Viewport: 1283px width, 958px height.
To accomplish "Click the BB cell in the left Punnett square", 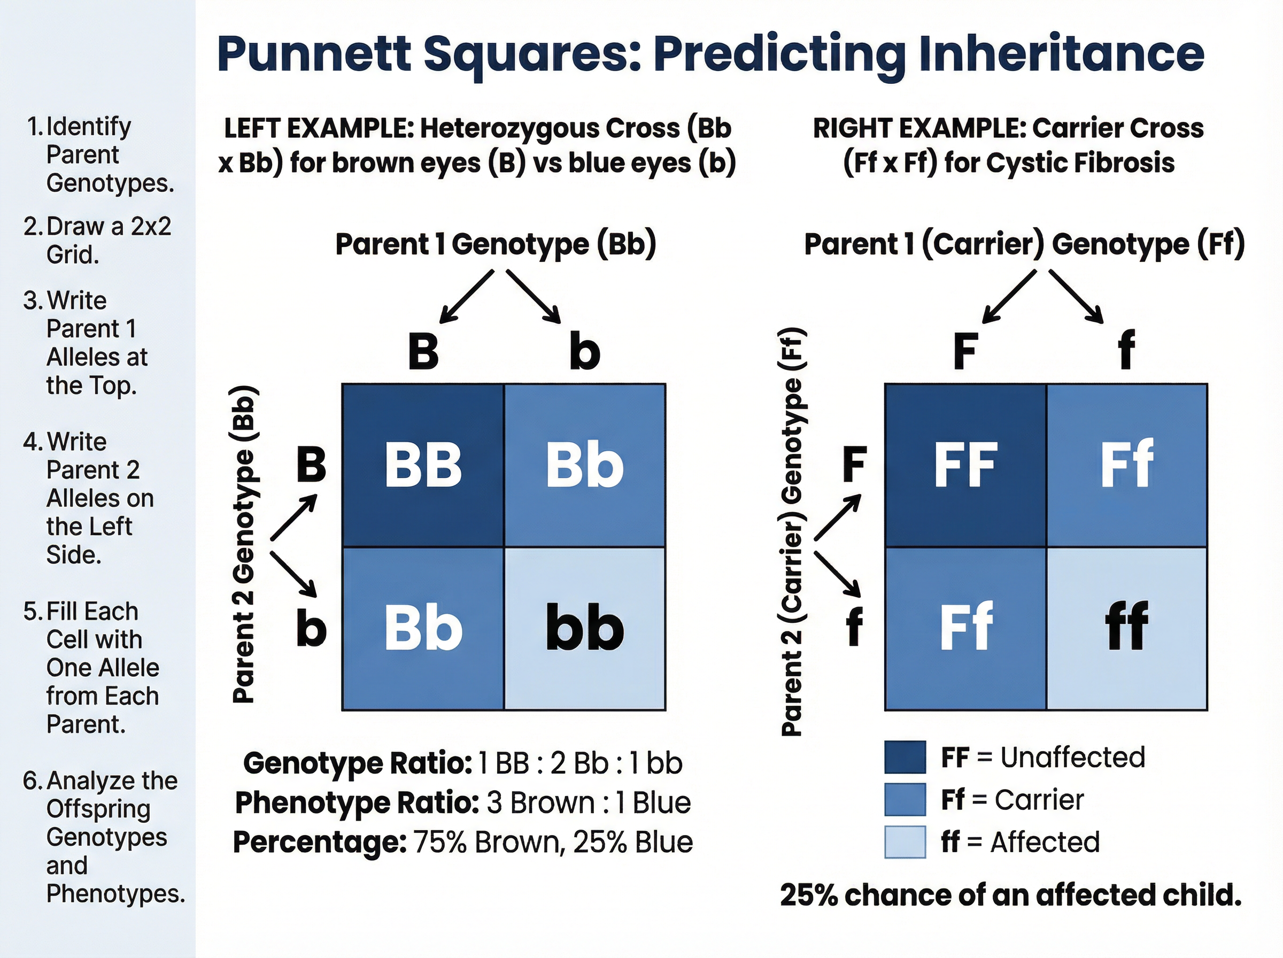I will pos(423,465).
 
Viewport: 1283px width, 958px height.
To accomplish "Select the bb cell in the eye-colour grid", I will pos(584,628).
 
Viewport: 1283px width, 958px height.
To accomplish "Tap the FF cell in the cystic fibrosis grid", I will pos(965,465).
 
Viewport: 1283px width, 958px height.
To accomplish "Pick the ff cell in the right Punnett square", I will pos(1126,628).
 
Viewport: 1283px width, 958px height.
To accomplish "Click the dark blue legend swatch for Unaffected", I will pos(905,758).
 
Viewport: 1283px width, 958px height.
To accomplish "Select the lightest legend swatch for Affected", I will pos(905,842).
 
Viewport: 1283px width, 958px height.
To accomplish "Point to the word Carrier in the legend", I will pos(1039,800).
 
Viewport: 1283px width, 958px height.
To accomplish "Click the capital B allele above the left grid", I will pos(423,351).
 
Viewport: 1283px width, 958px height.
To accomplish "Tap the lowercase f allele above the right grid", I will pos(1126,350).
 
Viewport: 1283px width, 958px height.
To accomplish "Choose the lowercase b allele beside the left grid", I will pos(311,629).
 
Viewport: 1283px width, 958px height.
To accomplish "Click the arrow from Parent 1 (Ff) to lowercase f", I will pos(1077,297).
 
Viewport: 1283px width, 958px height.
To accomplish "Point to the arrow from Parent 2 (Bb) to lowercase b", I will pos(293,574).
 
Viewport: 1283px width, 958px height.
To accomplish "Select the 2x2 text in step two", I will pos(151,227).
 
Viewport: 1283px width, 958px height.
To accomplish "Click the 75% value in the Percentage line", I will pos(440,842).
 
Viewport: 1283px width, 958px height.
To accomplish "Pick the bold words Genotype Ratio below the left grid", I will pos(357,763).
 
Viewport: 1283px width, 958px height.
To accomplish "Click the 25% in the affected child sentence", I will pos(808,895).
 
